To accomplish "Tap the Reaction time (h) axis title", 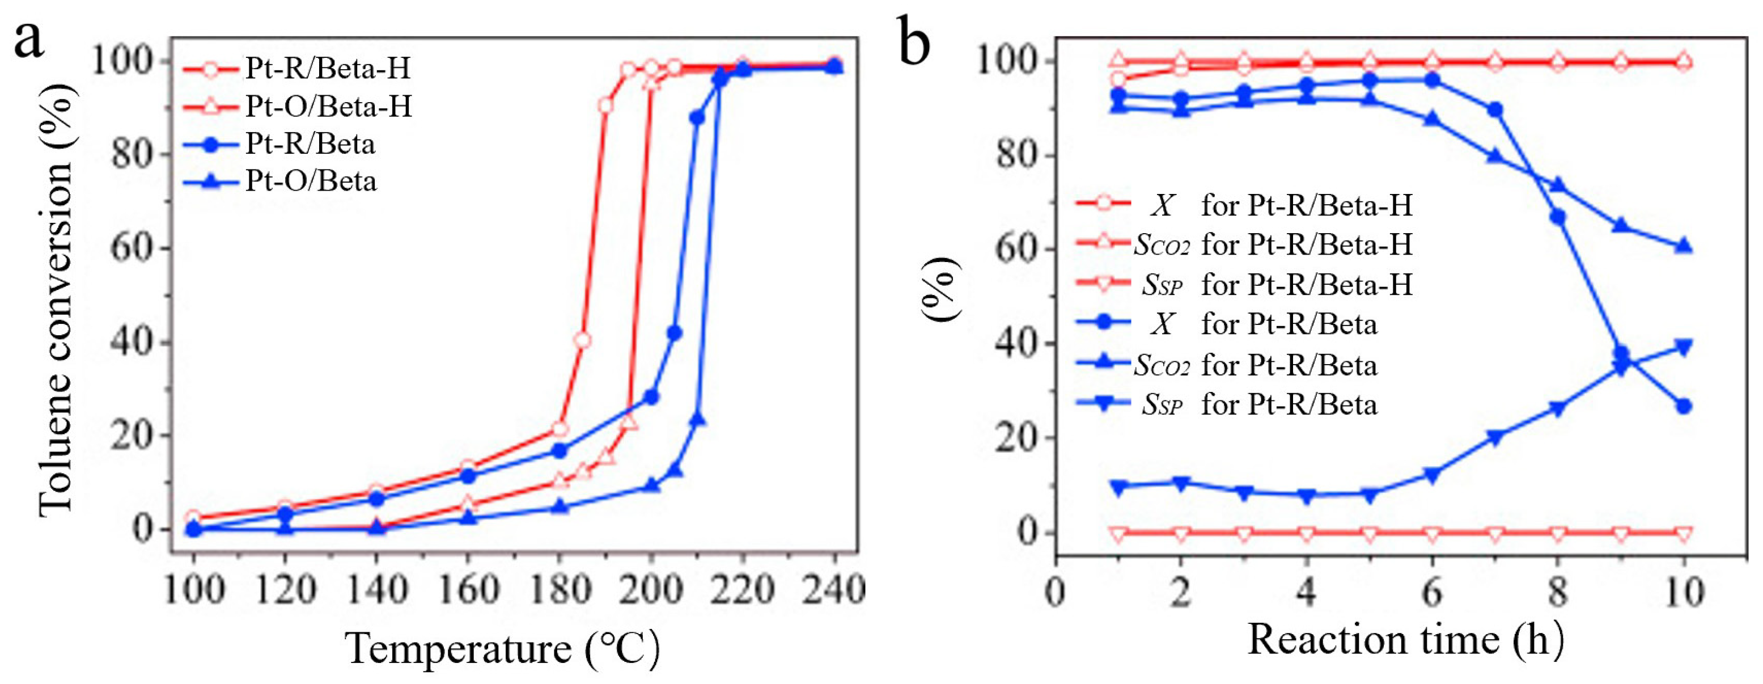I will (1406, 640).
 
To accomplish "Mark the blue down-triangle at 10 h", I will (1684, 347).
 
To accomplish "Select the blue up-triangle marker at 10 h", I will (1684, 247).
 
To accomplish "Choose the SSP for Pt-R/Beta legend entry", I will (1259, 404).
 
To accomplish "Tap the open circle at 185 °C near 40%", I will (582, 340).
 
